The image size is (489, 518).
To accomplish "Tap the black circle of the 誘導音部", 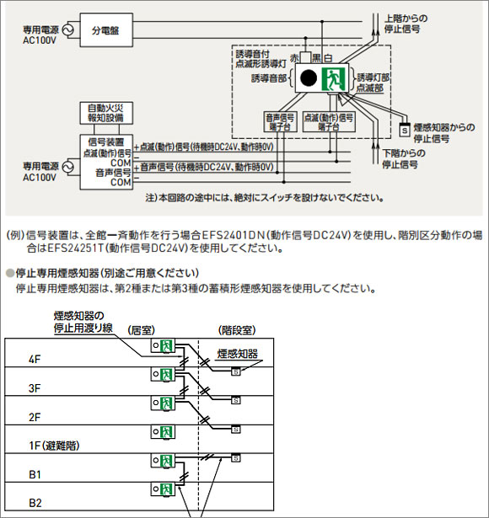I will point(309,79).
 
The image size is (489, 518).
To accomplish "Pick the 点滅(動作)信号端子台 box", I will point(321,124).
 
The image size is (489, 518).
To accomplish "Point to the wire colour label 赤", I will point(293,56).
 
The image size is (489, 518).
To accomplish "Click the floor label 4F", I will point(35,359).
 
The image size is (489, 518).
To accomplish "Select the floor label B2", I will point(35,503).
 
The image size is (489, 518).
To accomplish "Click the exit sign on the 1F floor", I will point(166,430).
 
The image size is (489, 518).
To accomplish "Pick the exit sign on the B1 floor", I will point(166,460).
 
